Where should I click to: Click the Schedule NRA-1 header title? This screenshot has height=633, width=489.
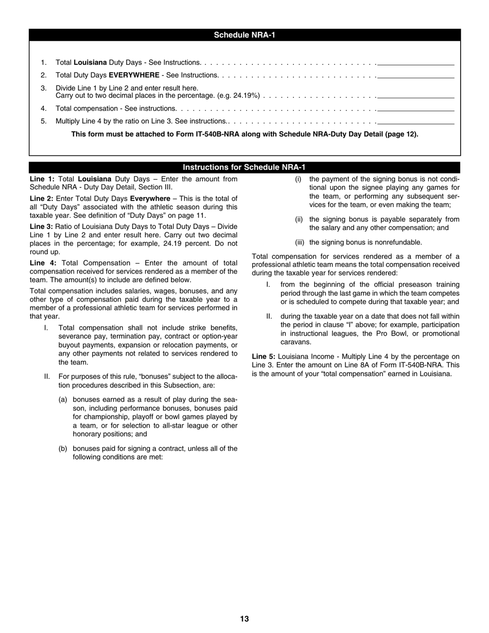pyautogui.click(x=244, y=36)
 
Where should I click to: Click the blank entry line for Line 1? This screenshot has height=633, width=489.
pyautogui.click(x=416, y=63)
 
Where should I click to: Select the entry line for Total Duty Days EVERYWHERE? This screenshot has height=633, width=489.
pyautogui.click(x=416, y=76)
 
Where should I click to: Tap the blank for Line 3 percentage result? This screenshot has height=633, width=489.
pyautogui.click(x=416, y=96)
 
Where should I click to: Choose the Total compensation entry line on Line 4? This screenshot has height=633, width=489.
pyautogui.click(x=416, y=109)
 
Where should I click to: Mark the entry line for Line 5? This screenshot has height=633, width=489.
pyautogui.click(x=416, y=122)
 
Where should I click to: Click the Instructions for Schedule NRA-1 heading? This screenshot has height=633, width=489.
pyautogui.click(x=244, y=167)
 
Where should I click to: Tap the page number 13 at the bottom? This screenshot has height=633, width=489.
pyautogui.click(x=244, y=619)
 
